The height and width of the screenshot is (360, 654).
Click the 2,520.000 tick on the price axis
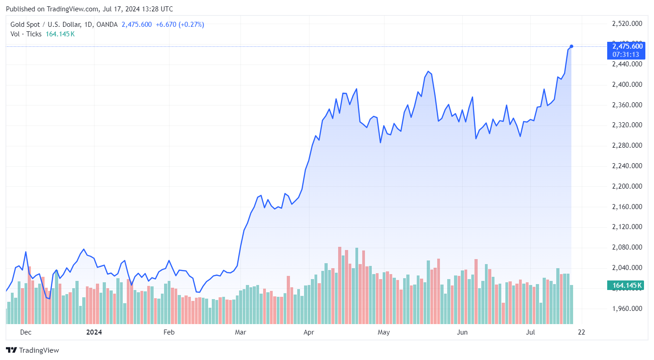[x=628, y=24]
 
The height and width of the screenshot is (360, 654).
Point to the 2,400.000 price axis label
[x=628, y=85]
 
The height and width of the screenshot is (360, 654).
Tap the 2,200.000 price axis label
[x=628, y=186]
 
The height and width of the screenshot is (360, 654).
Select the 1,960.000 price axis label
[x=628, y=309]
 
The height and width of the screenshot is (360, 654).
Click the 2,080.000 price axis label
[x=628, y=247]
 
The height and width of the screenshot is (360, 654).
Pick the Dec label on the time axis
[x=26, y=332]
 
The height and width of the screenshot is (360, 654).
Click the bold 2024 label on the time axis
[x=94, y=332]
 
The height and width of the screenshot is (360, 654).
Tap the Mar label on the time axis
[x=240, y=332]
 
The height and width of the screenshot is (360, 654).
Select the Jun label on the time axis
[x=462, y=332]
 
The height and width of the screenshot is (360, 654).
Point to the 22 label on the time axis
[x=581, y=332]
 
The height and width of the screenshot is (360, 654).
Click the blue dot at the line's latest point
[x=571, y=46]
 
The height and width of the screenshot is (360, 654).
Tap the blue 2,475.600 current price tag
[x=627, y=46]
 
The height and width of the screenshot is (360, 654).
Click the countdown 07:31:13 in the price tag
[x=627, y=55]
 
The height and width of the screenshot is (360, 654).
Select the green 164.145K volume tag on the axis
[x=627, y=285]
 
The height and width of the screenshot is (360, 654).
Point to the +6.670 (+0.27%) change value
[x=180, y=25]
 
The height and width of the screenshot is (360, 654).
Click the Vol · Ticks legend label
[x=26, y=34]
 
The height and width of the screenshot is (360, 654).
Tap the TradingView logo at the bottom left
[x=32, y=350]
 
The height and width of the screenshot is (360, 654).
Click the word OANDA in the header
[x=107, y=25]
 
